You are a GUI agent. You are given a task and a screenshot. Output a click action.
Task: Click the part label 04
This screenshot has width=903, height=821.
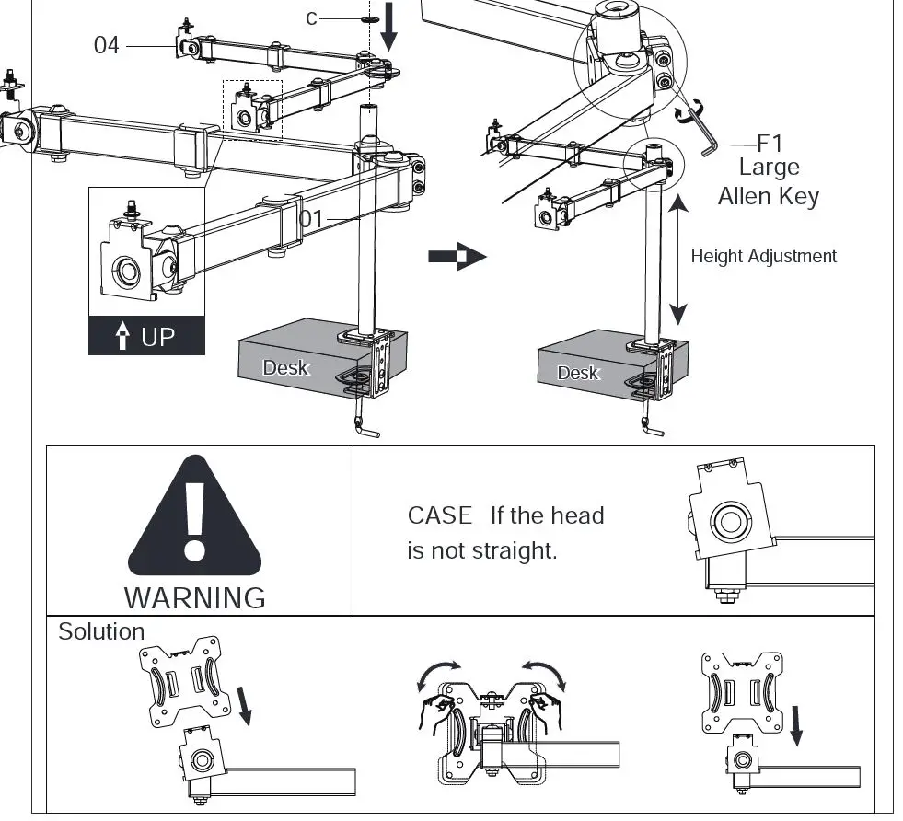pyautogui.click(x=107, y=44)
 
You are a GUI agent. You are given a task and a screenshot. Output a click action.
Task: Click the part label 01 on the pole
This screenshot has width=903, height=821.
pyautogui.click(x=312, y=219)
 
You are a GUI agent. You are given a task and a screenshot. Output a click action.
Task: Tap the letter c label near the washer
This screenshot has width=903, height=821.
pyautogui.click(x=311, y=17)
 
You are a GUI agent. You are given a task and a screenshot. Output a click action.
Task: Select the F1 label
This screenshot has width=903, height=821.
pyautogui.click(x=769, y=144)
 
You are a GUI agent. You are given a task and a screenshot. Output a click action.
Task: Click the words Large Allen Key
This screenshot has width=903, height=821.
pyautogui.click(x=769, y=181)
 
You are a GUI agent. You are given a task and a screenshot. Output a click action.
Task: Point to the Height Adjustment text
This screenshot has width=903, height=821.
pyautogui.click(x=763, y=257)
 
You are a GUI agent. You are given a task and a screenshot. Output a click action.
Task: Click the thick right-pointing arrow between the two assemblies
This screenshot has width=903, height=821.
pyautogui.click(x=457, y=257)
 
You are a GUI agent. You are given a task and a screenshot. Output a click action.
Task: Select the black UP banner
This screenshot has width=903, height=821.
pyautogui.click(x=146, y=336)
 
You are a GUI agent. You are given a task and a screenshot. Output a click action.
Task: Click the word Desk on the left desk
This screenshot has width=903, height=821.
pyautogui.click(x=285, y=368)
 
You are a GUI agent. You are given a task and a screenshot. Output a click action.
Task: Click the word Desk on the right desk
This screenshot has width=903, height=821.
pyautogui.click(x=578, y=373)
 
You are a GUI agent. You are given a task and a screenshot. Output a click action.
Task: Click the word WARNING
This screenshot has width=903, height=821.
pyautogui.click(x=194, y=597)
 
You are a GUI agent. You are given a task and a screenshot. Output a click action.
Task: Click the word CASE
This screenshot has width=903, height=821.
pyautogui.click(x=440, y=515)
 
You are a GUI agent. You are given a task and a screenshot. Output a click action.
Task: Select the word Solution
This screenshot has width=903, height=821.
pyautogui.click(x=101, y=632)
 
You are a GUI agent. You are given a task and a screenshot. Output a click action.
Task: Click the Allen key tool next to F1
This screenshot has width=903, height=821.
pyautogui.click(x=701, y=129)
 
